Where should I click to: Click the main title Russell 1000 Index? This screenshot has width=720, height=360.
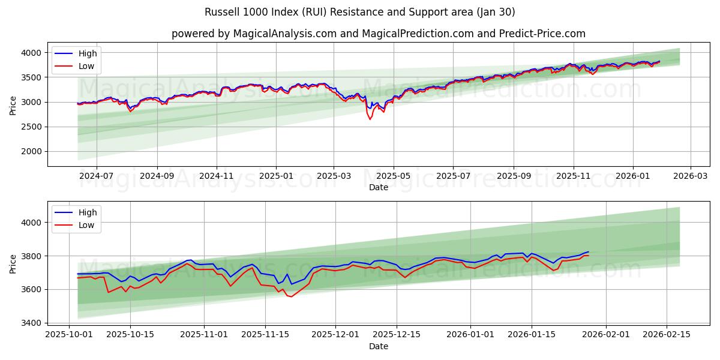(x=360, y=12)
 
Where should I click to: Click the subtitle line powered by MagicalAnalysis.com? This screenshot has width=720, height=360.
(x=378, y=34)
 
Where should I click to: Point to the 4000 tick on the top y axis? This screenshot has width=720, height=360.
(x=34, y=53)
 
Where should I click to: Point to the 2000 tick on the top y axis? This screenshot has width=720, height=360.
(x=34, y=151)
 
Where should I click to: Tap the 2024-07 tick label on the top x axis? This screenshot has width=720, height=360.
(x=97, y=176)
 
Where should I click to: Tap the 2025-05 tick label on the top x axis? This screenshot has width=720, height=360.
(x=394, y=176)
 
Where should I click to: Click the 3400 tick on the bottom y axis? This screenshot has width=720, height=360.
(x=34, y=323)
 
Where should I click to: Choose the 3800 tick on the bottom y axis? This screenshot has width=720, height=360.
(x=34, y=256)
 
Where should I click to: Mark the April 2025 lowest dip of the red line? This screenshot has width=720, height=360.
(x=370, y=119)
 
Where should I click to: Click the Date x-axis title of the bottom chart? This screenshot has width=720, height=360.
(x=378, y=346)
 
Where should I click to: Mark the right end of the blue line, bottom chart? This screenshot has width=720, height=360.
(x=589, y=252)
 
